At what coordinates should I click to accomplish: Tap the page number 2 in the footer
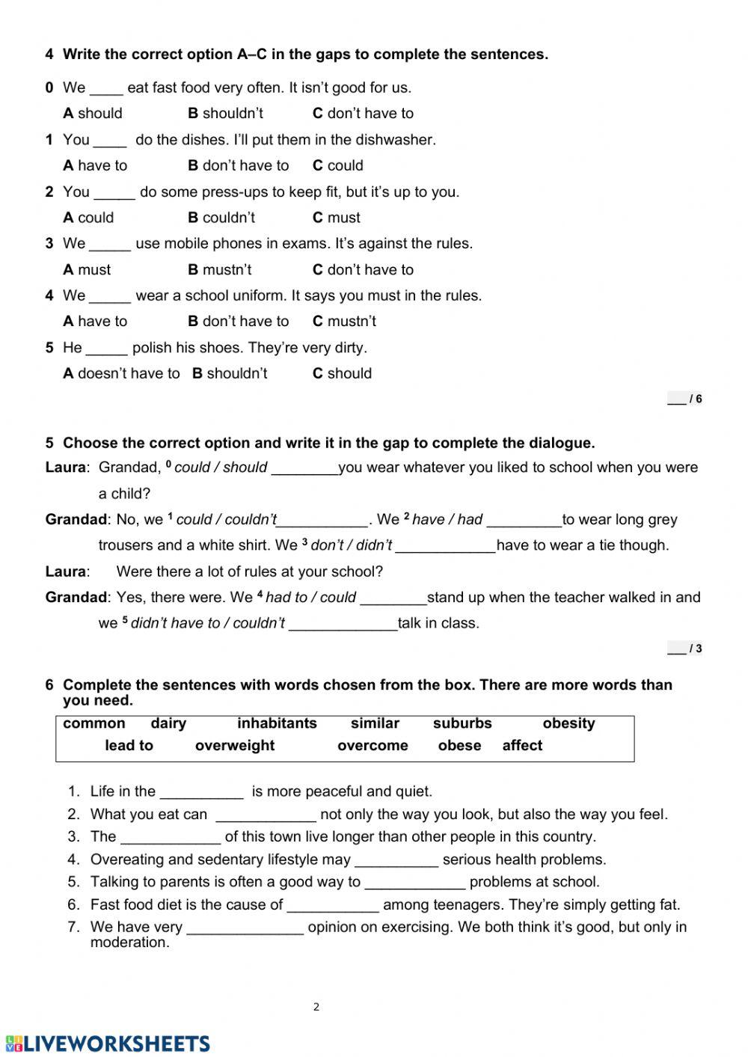tap(316, 1007)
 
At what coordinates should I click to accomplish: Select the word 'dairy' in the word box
tap(168, 723)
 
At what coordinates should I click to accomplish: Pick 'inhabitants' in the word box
tap(277, 723)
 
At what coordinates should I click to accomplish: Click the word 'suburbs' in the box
tap(462, 723)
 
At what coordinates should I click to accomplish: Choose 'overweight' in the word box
tap(235, 746)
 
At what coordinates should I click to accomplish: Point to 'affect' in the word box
tap(522, 746)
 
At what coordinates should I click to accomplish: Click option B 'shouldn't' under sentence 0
tap(225, 114)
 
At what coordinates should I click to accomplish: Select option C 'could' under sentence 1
tap(338, 165)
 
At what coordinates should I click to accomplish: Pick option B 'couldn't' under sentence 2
tap(221, 218)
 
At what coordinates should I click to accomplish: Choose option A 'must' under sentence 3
tap(87, 270)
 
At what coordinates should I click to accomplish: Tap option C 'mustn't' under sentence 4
tap(344, 322)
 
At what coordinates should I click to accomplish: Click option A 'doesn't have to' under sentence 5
tap(121, 373)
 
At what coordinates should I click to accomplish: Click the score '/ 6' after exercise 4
tap(685, 399)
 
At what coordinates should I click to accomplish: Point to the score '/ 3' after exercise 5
tap(685, 649)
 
